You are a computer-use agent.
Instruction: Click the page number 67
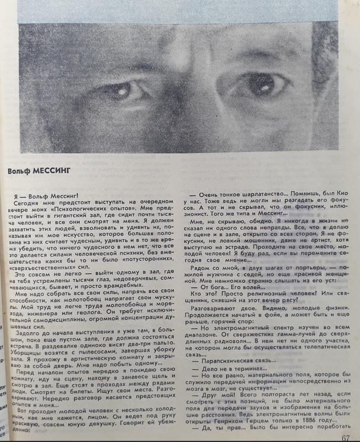coord(346,438)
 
